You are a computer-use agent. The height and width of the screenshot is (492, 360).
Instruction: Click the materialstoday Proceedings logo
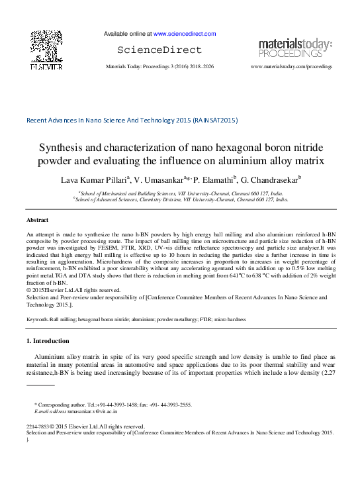[x=294, y=48]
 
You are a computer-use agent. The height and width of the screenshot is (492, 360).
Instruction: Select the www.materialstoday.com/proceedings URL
[x=291, y=67]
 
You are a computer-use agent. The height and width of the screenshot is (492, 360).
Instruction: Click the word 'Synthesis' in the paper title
[x=62, y=148]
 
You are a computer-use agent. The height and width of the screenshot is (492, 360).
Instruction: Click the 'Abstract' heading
[x=37, y=219]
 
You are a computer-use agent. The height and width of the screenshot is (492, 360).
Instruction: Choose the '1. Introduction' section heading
[x=47, y=341]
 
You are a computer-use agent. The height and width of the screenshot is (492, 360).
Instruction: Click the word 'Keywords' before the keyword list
[x=38, y=319]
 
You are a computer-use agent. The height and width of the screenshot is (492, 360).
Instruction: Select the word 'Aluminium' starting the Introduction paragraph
[x=51, y=356]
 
